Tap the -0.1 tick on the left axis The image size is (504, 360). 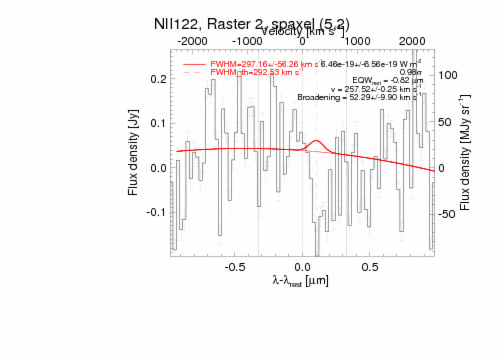(156, 212)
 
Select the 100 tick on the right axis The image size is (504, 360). (447, 75)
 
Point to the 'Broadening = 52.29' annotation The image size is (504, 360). (358, 97)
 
